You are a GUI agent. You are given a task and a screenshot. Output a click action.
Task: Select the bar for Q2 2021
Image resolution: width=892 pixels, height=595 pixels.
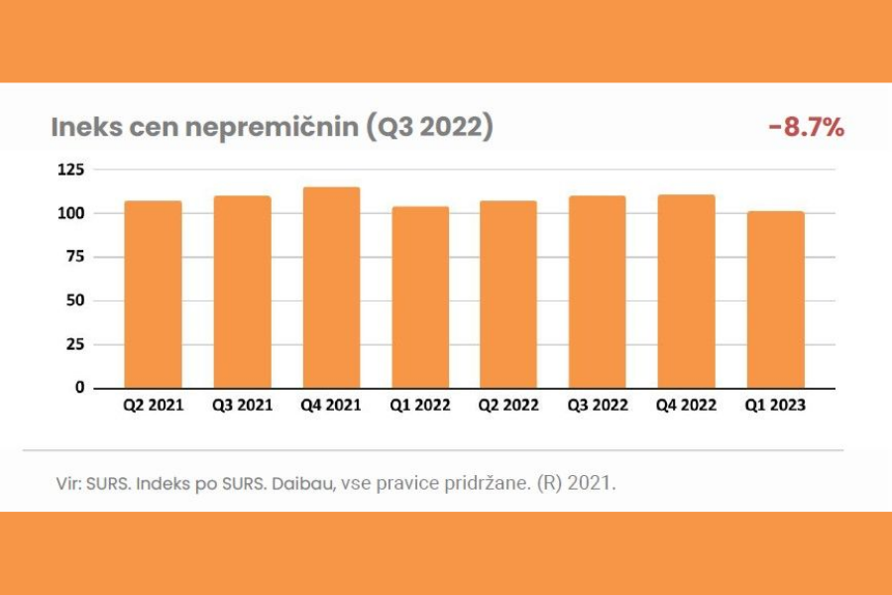(x=153, y=295)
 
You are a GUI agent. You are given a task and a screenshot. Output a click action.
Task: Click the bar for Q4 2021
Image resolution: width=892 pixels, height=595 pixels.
(x=331, y=288)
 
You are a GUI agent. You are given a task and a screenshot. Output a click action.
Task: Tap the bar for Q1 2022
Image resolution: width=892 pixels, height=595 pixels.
(x=420, y=297)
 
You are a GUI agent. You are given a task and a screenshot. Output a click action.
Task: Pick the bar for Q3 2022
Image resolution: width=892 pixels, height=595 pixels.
(x=598, y=292)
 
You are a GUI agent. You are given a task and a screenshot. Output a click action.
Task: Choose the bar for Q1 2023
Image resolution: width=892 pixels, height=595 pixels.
(x=775, y=299)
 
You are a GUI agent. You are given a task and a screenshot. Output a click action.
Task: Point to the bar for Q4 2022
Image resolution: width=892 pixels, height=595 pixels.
(x=686, y=291)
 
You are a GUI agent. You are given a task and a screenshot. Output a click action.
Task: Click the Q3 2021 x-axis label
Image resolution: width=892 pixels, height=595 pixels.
(x=242, y=406)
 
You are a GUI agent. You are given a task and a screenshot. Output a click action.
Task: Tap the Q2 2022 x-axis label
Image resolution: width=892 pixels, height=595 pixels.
(x=509, y=406)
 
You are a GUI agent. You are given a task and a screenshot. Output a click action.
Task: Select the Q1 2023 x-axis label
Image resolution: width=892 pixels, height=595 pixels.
(x=776, y=406)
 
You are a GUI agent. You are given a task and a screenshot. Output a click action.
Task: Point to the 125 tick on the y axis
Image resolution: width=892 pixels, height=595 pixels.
(x=69, y=171)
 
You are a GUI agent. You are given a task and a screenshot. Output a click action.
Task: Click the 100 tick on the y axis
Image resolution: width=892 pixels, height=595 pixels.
(x=69, y=213)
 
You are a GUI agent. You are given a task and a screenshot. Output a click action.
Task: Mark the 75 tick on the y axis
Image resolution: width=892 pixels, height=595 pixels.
(x=73, y=257)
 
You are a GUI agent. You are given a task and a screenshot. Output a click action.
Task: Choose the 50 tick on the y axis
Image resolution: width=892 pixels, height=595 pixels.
(x=73, y=300)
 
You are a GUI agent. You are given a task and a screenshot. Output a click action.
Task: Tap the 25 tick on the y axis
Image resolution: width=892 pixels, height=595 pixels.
(x=73, y=344)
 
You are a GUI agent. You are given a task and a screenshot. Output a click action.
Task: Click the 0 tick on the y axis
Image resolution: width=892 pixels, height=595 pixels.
(x=78, y=388)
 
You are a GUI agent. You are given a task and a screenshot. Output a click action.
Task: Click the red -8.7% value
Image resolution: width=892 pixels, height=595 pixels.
(x=805, y=128)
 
